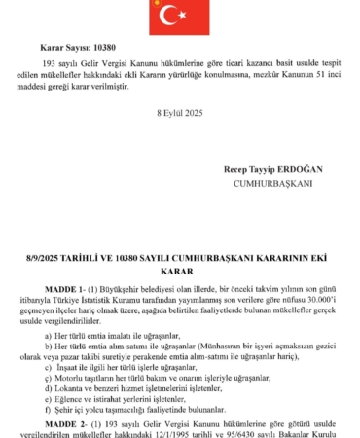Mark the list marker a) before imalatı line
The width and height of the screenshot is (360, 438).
[x=49, y=333]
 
